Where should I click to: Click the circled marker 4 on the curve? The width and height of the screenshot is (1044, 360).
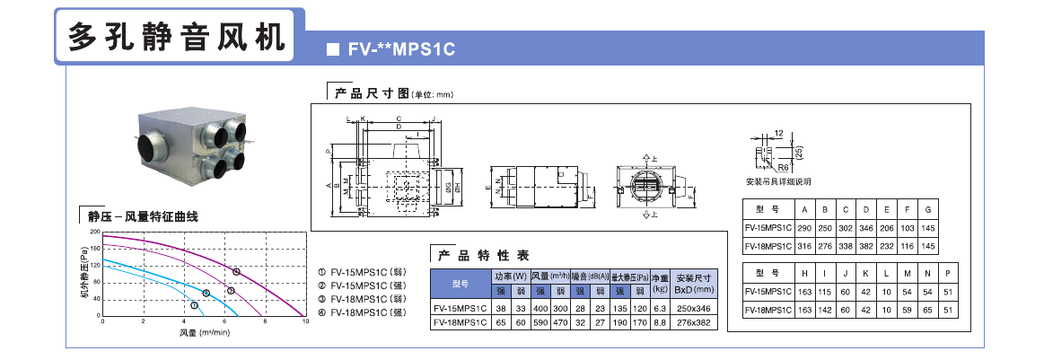pyautogui.click(x=237, y=271)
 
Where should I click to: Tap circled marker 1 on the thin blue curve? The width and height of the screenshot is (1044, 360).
pyautogui.click(x=195, y=306)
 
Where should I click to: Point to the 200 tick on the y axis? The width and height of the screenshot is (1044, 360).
pyautogui.click(x=94, y=232)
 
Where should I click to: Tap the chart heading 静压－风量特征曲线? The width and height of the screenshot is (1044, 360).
pyautogui.click(x=143, y=216)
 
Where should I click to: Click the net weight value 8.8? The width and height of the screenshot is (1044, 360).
pyautogui.click(x=659, y=321)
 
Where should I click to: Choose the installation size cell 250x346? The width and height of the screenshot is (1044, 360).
pyautogui.click(x=693, y=308)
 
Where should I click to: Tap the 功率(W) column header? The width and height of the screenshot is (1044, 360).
pyautogui.click(x=510, y=276)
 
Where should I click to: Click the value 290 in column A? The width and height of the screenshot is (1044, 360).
pyautogui.click(x=803, y=230)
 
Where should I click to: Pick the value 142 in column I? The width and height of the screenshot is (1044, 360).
pyautogui.click(x=824, y=309)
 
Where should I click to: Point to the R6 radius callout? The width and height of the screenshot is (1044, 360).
pyautogui.click(x=784, y=167)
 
